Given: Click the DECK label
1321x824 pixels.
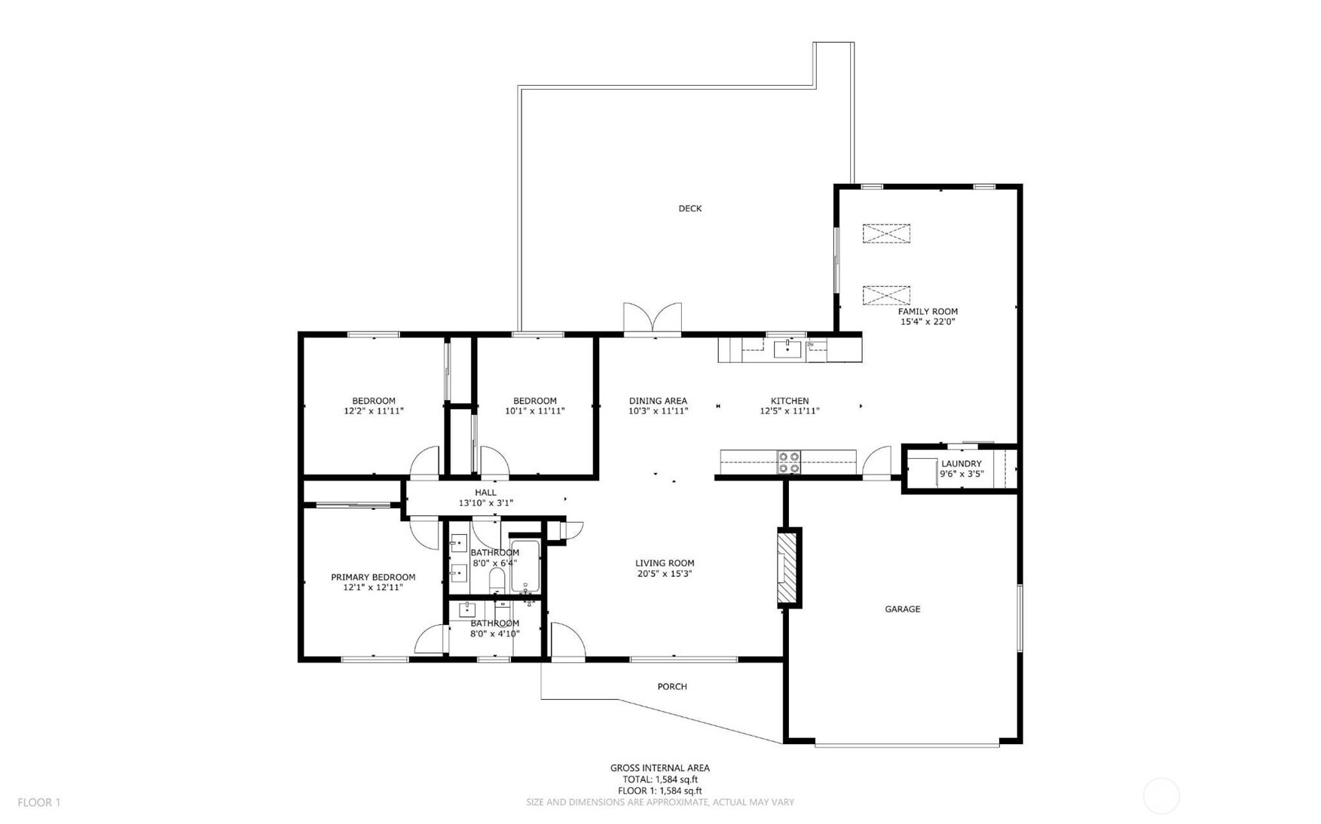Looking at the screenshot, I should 690,209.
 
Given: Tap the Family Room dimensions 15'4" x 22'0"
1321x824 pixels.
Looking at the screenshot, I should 928,322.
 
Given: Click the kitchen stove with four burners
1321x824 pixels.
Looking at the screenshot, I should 789,462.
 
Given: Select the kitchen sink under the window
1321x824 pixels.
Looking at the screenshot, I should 787,349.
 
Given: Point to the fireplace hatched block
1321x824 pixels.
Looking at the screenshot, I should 788,567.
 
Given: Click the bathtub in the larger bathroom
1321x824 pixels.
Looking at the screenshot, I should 525,566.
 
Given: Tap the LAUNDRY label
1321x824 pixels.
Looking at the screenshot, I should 961,464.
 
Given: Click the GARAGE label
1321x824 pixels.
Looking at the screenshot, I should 902,609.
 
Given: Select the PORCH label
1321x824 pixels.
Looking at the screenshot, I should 671,687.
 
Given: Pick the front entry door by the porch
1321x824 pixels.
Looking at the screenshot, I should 567,642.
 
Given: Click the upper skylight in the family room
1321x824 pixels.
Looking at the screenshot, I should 886,233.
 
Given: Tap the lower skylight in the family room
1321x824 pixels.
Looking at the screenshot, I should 886,295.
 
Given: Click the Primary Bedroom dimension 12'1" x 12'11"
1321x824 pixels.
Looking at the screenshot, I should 373,587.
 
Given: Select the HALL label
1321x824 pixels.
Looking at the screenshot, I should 485,493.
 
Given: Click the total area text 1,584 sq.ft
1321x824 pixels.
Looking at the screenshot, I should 659,780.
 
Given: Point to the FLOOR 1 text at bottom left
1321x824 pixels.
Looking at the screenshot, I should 39,803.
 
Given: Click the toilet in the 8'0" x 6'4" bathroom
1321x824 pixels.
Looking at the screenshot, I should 497,580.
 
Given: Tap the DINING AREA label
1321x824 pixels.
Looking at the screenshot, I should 658,401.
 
